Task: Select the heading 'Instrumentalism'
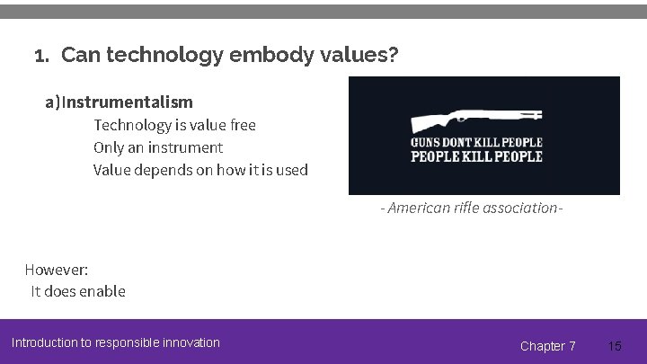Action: coord(128,102)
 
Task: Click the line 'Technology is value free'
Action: coord(174,125)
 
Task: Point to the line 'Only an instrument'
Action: coord(158,147)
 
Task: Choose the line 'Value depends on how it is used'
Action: coord(200,170)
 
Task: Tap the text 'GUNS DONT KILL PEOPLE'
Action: coord(476,143)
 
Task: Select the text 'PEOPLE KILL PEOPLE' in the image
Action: coord(476,156)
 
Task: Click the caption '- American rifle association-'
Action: coord(473,208)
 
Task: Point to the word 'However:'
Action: coord(56,270)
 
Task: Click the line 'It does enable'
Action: coord(78,291)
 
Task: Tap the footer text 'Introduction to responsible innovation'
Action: coord(115,342)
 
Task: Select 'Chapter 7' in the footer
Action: coord(548,346)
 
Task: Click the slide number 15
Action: coord(615,346)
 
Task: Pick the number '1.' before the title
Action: coord(41,57)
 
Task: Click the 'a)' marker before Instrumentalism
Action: coord(53,102)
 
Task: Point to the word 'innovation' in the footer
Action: coord(191,342)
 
